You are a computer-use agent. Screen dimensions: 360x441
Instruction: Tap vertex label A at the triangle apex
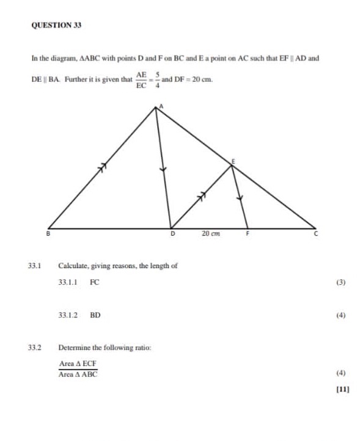161,106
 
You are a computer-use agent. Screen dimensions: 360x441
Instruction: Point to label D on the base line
172,233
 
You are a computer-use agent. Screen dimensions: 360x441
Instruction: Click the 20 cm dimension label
211,233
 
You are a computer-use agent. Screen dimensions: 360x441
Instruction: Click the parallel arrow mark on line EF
240,197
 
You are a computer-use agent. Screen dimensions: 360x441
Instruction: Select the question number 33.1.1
68,283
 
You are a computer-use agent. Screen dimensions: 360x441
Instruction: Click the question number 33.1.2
68,316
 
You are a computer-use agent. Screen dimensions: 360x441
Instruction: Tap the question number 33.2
34,348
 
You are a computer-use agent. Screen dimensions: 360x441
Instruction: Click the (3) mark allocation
341,283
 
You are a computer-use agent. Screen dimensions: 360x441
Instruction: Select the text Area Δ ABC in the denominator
78,374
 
